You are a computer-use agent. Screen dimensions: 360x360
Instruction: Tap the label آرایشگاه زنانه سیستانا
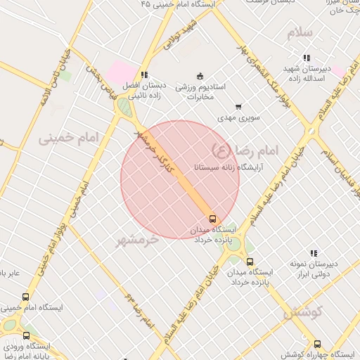tap(217, 168)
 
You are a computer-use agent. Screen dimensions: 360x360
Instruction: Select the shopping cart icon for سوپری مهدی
tap(239, 107)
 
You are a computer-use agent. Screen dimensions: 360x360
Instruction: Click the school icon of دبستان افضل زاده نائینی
tap(144, 74)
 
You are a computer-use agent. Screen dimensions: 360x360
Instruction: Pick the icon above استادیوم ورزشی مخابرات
tap(200, 75)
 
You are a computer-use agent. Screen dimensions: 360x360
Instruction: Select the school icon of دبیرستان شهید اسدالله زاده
tap(307, 58)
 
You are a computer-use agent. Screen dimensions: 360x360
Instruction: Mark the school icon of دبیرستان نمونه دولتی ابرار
tap(314, 253)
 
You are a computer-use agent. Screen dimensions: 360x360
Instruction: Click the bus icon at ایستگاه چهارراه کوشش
tap(317, 344)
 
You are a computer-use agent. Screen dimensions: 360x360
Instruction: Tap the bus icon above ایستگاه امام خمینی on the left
tap(26, 297)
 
